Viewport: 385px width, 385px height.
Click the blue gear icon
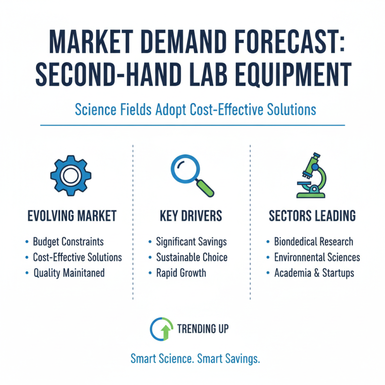(x=70, y=174)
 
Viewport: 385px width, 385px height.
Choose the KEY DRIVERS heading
(x=191, y=216)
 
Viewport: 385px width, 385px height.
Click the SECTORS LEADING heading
(x=312, y=216)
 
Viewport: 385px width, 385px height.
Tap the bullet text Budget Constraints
(x=68, y=242)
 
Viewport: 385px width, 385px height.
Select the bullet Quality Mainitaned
(x=69, y=273)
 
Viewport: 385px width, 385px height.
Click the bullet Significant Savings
(x=191, y=242)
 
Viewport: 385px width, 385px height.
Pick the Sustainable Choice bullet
(x=192, y=257)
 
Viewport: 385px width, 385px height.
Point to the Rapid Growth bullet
(x=181, y=273)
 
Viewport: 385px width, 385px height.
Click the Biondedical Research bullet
(x=313, y=242)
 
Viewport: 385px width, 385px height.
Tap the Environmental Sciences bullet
(x=317, y=257)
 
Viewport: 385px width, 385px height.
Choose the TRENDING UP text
(x=203, y=329)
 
